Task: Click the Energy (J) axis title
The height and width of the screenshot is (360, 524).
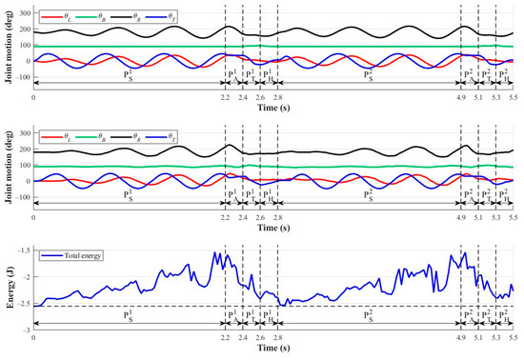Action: (x=9, y=288)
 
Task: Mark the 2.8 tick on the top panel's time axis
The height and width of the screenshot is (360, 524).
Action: (x=276, y=98)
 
